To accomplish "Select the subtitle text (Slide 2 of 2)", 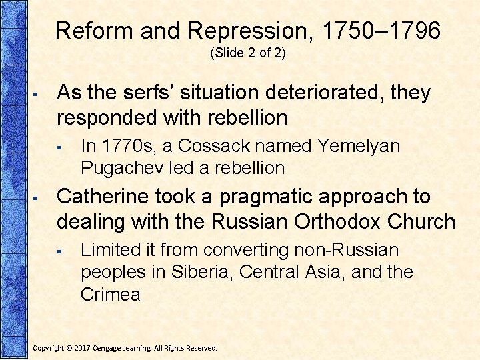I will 247,53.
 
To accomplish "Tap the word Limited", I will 106,250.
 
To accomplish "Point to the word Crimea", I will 110,294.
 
